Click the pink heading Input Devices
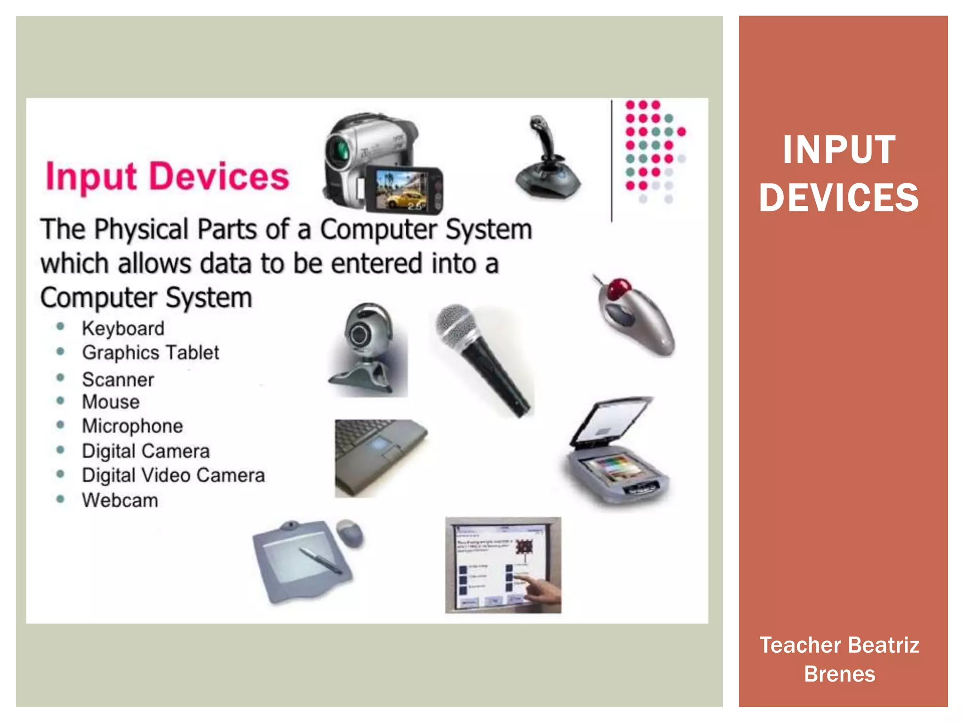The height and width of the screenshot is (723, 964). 167,177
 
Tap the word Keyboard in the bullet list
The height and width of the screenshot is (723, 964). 123,329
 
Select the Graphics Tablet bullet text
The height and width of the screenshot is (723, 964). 150,353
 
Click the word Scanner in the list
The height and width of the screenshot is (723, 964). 118,380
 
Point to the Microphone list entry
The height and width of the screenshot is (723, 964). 132,426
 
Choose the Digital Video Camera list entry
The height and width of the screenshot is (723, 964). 173,475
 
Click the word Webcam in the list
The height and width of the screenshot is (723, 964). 120,500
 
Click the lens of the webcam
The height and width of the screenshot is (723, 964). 360,335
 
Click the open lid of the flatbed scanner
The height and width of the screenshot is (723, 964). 612,421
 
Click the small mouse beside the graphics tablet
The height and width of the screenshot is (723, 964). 350,533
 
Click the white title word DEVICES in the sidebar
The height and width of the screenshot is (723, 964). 839,198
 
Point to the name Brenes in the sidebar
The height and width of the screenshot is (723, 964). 839,674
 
